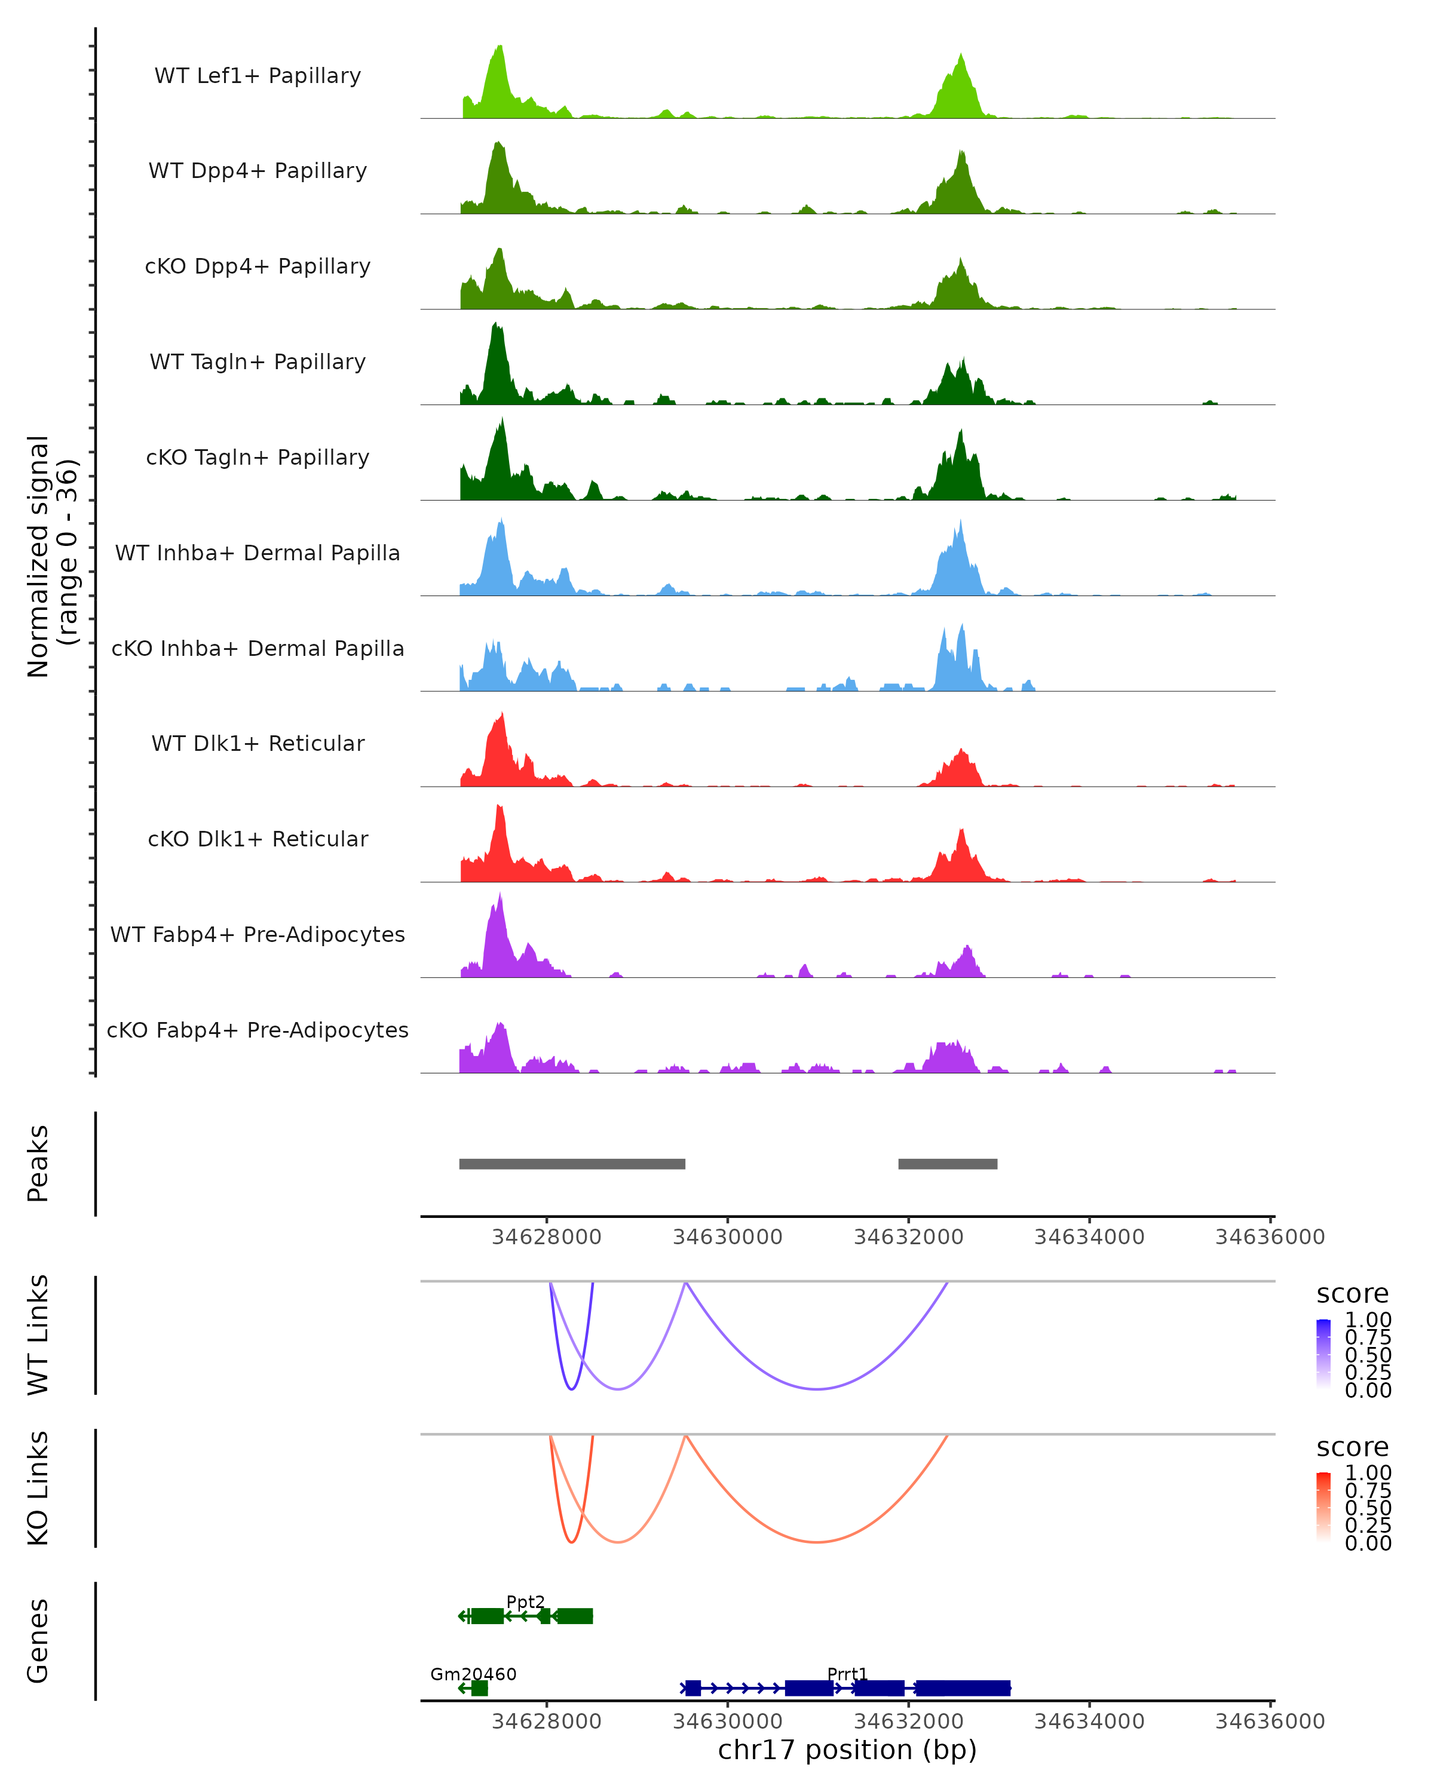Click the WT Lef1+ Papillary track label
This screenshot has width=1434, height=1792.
[x=258, y=76]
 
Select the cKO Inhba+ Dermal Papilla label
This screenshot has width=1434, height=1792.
[x=258, y=648]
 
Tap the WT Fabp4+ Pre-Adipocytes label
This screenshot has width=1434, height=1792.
[x=258, y=934]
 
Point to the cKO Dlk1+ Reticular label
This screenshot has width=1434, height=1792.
[x=258, y=839]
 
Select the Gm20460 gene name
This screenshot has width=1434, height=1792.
[x=473, y=1674]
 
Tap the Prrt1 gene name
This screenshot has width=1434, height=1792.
[x=847, y=1674]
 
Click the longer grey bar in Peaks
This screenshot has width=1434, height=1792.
[x=572, y=1164]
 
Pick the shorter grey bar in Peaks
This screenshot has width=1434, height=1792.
[x=948, y=1164]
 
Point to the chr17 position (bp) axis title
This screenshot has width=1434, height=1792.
[x=847, y=1750]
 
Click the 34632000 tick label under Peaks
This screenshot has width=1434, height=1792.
[x=909, y=1237]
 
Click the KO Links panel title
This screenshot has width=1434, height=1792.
[x=38, y=1488]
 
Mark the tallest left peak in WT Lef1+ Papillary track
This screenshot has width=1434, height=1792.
[x=500, y=47]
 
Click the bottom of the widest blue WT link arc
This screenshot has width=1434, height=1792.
[x=817, y=1389]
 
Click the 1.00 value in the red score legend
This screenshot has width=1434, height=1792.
[x=1368, y=1472]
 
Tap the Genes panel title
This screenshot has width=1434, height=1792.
[x=38, y=1641]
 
